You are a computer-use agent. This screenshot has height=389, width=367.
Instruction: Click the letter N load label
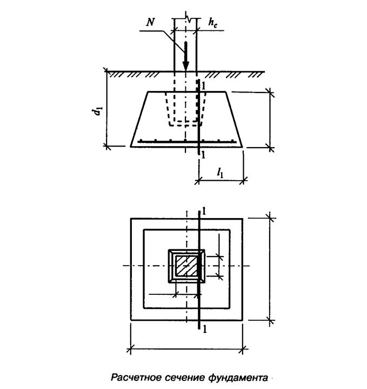point(150,22)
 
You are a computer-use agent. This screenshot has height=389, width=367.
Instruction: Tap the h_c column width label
point(212,23)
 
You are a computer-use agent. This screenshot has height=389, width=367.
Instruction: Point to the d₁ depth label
point(97,111)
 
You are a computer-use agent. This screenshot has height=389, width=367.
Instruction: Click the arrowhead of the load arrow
point(185,65)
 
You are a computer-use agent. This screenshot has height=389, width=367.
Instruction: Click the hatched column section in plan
point(186,266)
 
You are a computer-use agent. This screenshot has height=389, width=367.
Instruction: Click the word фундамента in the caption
point(238,378)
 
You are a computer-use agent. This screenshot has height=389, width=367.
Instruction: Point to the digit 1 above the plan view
point(204,211)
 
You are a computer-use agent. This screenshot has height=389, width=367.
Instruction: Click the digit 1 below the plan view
point(204,329)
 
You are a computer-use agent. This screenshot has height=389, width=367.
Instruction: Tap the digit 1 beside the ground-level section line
point(204,86)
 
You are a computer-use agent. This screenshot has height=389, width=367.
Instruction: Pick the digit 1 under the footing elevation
point(203,155)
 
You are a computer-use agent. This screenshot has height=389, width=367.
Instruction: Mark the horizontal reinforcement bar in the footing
point(187,142)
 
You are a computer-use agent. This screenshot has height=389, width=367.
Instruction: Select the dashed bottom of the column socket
point(185,126)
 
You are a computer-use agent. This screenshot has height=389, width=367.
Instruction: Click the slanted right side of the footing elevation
point(234,120)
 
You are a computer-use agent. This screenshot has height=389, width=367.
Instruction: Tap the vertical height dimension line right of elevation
point(270,120)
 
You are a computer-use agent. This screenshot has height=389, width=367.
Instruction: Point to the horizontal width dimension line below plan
point(186,349)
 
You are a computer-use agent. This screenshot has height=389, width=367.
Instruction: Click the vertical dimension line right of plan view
point(270,269)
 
